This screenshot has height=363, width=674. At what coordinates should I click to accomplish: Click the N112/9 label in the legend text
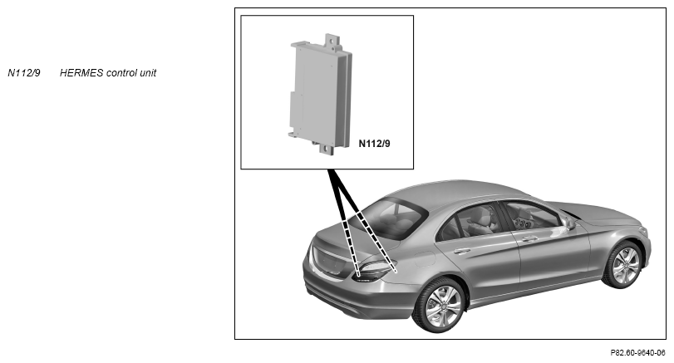pyautogui.click(x=24, y=73)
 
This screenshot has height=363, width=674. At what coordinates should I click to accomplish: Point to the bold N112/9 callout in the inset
pyautogui.click(x=374, y=144)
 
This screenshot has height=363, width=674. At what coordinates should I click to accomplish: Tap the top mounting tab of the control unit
pyautogui.click(x=332, y=41)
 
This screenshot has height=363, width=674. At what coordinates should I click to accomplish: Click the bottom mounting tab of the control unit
pyautogui.click(x=327, y=148)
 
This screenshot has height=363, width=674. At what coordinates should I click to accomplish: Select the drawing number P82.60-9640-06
pyautogui.click(x=637, y=353)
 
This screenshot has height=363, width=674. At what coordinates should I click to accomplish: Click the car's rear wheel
pyautogui.click(x=440, y=306)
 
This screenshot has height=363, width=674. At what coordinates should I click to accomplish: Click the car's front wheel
pyautogui.click(x=624, y=265)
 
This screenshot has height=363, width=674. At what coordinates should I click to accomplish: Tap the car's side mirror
pyautogui.click(x=569, y=223)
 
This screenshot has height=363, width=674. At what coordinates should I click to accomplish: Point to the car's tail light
pyautogui.click(x=373, y=270)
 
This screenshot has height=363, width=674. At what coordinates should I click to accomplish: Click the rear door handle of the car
pyautogui.click(x=461, y=251)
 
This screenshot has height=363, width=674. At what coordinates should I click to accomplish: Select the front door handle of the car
pyautogui.click(x=529, y=238)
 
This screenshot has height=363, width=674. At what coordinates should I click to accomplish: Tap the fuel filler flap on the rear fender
pyautogui.click(x=425, y=258)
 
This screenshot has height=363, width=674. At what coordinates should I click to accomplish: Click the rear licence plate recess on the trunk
pyautogui.click(x=330, y=261)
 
